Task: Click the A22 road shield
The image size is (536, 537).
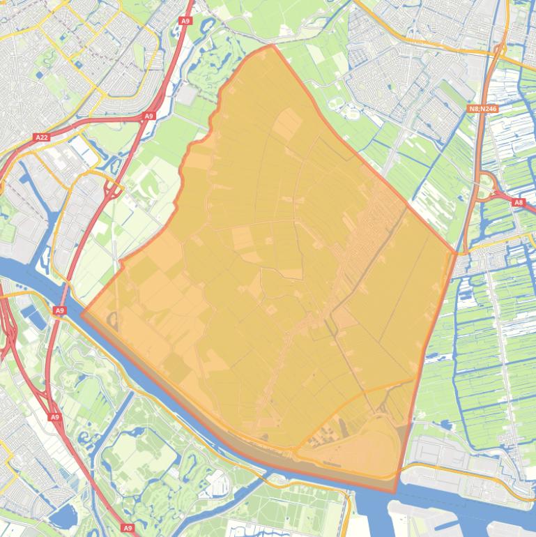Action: [42, 137]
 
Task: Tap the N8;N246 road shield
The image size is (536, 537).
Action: [482, 109]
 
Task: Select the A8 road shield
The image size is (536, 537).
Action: [518, 202]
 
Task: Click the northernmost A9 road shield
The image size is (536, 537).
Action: [185, 21]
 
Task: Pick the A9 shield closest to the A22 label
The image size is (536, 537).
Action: [148, 116]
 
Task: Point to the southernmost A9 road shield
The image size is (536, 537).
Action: [128, 528]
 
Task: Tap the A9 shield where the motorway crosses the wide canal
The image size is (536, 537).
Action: [60, 310]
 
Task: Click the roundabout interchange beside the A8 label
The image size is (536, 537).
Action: [487, 186]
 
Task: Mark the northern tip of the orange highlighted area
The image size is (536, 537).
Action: [272, 45]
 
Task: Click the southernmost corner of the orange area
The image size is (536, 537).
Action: [395, 492]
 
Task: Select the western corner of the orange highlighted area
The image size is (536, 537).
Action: [82, 314]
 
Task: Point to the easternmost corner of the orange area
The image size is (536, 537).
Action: [457, 252]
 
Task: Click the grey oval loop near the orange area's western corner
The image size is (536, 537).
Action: [113, 322]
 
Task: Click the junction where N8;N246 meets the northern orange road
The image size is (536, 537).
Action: [500, 49]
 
